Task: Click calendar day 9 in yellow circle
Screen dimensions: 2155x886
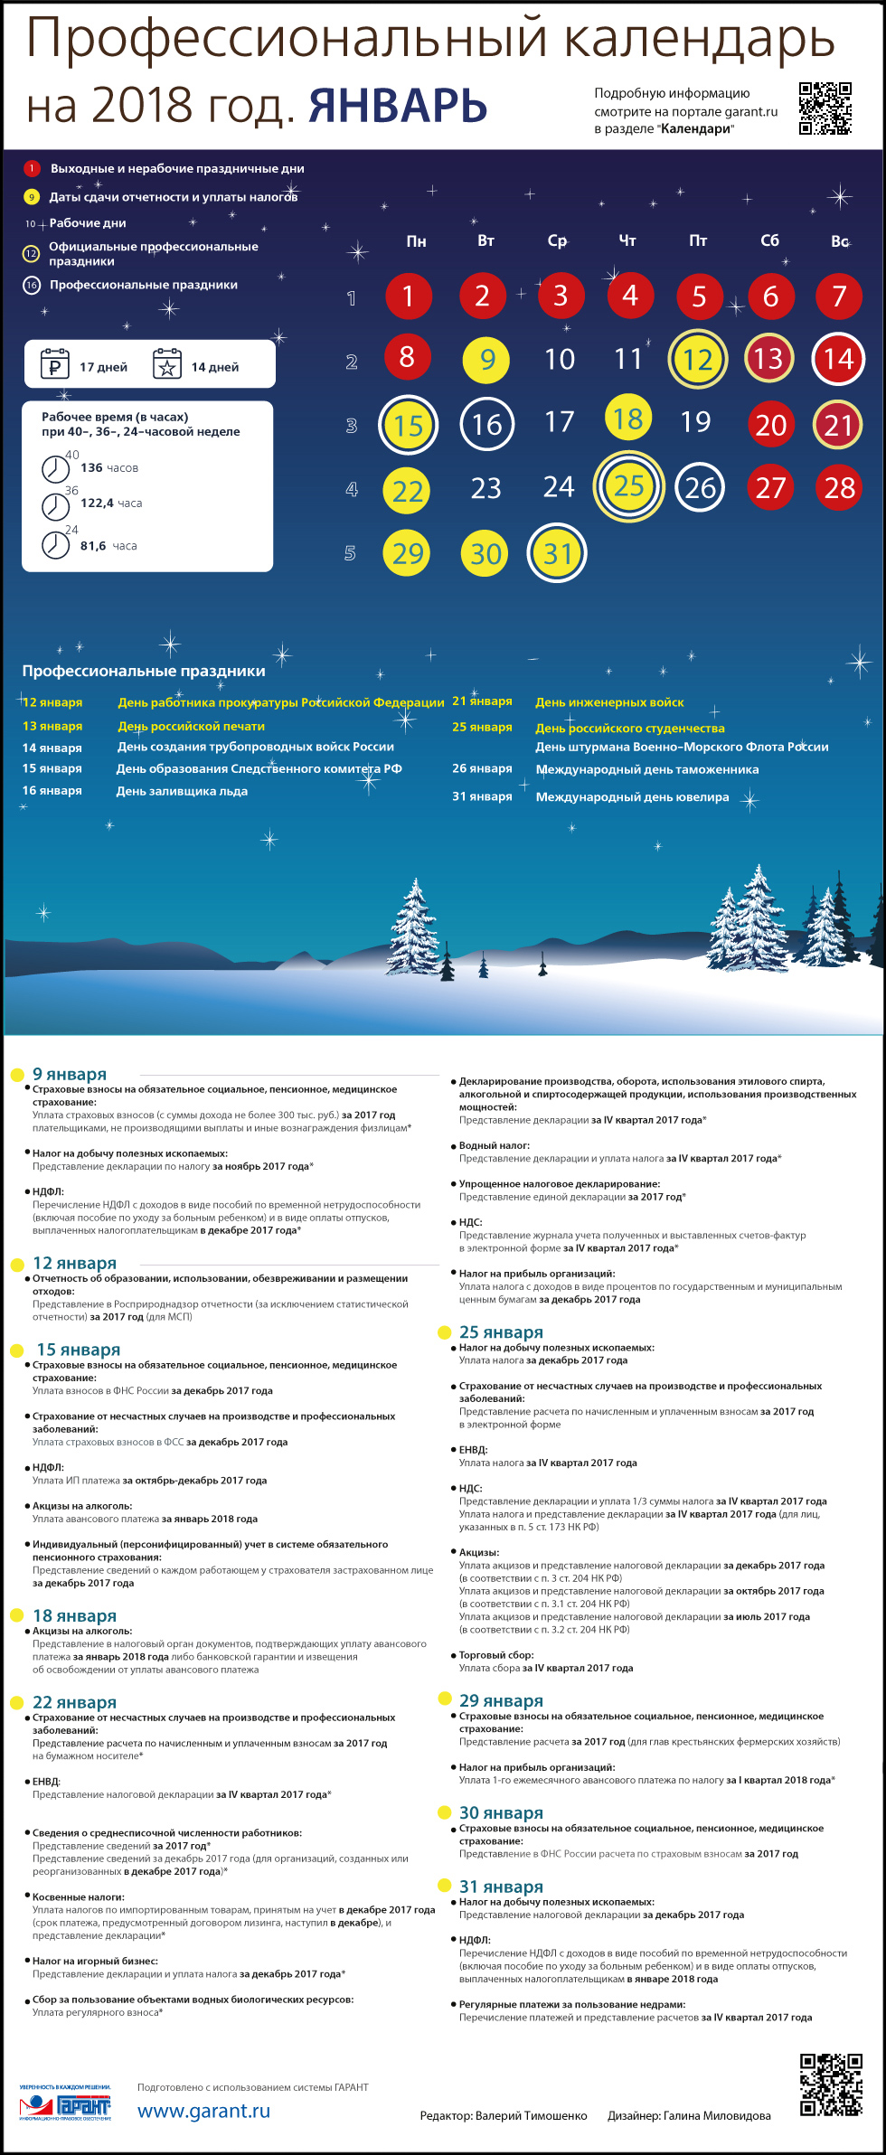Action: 486,360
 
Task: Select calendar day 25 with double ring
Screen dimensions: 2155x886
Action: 629,486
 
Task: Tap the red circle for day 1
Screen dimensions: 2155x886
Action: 408,296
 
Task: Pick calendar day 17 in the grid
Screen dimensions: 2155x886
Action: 559,422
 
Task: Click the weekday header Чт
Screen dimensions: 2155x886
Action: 627,240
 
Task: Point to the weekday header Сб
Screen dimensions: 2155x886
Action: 769,240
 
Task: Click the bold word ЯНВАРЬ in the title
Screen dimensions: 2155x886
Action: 398,106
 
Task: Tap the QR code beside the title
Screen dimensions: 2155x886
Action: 825,108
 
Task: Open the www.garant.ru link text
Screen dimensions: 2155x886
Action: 203,2111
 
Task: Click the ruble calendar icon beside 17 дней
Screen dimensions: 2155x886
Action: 55,364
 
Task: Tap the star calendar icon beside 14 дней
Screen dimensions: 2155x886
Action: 167,364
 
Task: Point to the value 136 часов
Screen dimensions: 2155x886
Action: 109,468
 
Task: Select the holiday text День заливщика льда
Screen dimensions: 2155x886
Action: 182,791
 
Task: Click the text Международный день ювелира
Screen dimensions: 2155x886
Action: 632,797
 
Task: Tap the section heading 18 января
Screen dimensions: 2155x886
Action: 74,1615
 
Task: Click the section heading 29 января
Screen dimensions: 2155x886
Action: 501,1700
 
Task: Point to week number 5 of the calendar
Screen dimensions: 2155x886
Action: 350,553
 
